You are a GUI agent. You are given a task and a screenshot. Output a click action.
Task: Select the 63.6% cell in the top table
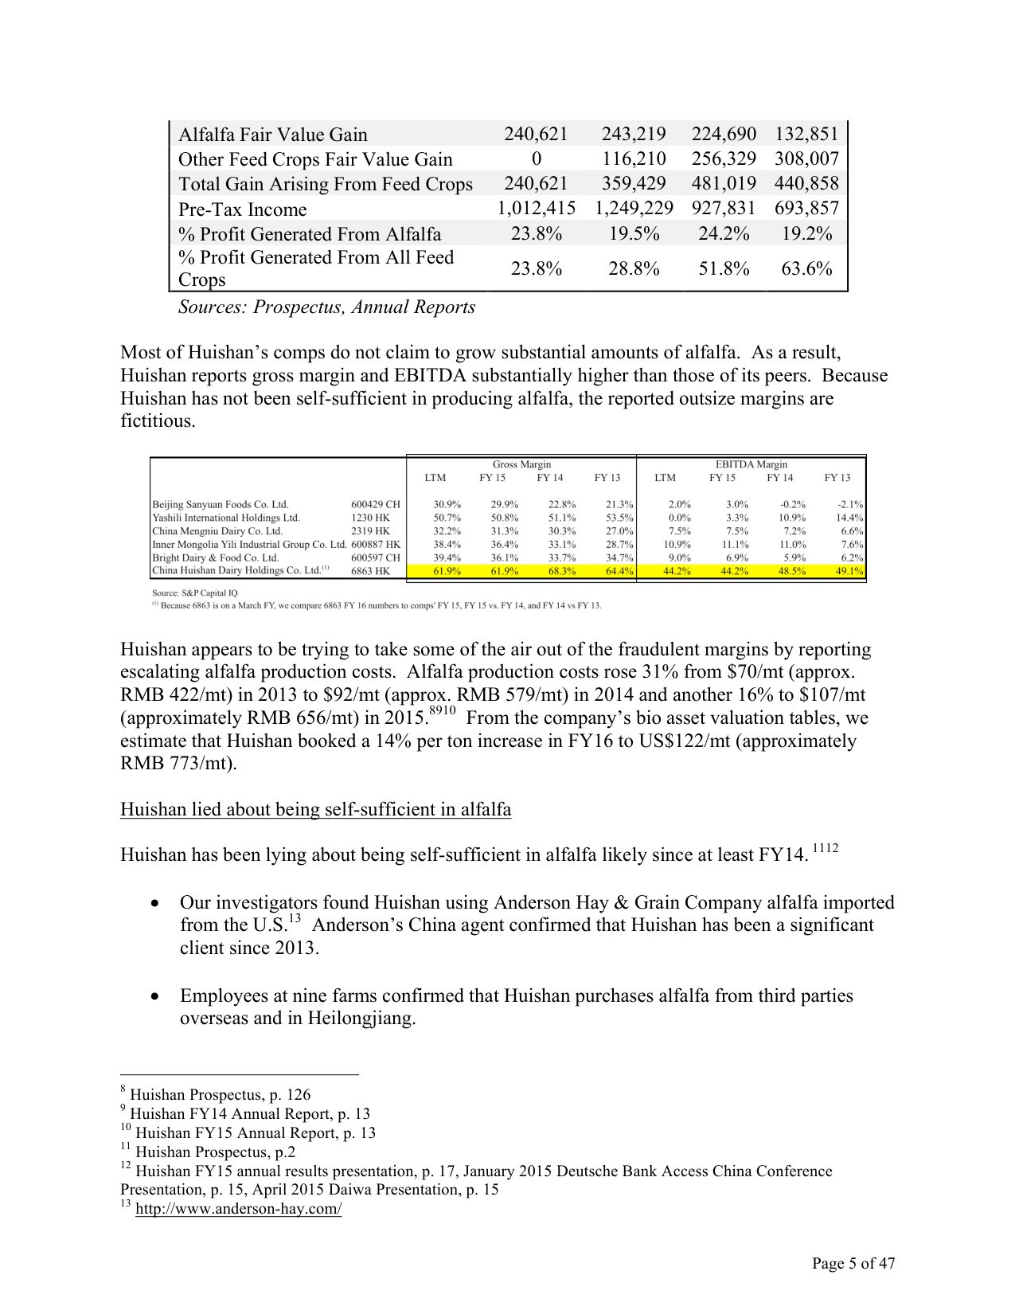tap(806, 269)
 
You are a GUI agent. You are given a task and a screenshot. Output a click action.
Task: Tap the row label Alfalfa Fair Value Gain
tap(272, 135)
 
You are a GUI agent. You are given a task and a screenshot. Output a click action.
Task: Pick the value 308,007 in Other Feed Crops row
tap(806, 159)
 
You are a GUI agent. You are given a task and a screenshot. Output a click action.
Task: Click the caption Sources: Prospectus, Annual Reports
tap(326, 307)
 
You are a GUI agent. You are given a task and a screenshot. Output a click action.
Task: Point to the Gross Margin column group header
tap(521, 464)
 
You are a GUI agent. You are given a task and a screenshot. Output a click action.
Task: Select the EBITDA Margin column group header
tap(751, 464)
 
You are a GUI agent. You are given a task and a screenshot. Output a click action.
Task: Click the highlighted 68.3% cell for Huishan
tap(549, 571)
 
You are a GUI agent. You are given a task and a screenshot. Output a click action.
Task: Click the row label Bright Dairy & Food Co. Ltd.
tap(215, 557)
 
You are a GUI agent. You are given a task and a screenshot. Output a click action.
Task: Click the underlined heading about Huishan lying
tap(315, 810)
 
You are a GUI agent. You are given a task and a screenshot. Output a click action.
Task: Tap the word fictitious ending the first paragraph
tap(157, 421)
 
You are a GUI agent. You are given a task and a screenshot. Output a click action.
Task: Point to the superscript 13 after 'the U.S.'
tap(294, 919)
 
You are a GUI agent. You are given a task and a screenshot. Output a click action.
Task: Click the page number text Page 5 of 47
tap(853, 1264)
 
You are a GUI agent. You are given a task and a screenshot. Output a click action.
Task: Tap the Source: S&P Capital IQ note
tap(194, 592)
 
